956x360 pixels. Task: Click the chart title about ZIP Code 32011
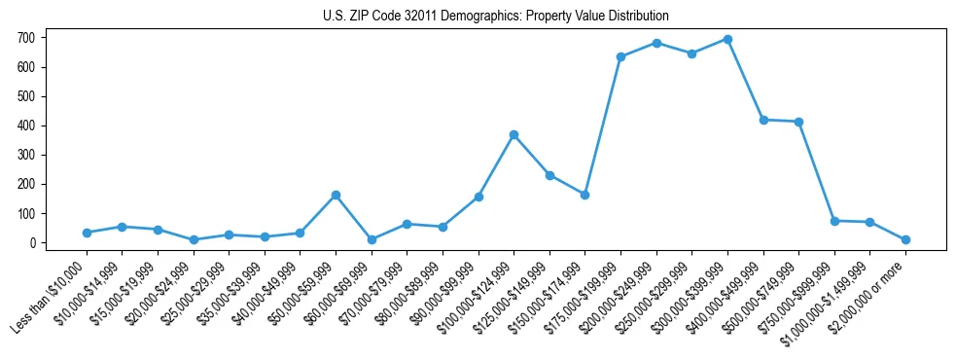[x=496, y=17]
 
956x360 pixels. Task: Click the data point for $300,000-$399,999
[x=727, y=40]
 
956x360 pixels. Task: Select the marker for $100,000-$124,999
[x=513, y=134]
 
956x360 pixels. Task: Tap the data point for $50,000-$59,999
[x=336, y=195]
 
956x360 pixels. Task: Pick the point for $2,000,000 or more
[x=905, y=239]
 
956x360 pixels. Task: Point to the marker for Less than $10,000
[x=87, y=233]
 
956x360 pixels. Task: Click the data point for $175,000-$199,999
[x=620, y=56]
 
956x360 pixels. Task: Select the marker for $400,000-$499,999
[x=763, y=120]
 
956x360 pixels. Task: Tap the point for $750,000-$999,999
[x=834, y=221]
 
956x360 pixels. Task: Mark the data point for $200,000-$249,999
[x=656, y=43]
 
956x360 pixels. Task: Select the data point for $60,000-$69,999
[x=372, y=239]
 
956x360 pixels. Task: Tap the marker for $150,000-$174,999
[x=584, y=195]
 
